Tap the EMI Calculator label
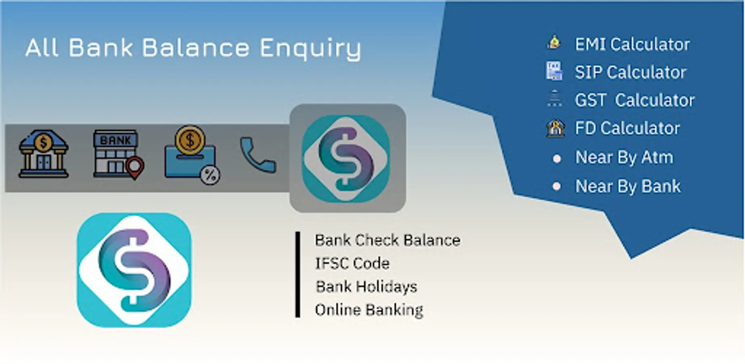point(632,44)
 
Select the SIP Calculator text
point(631,72)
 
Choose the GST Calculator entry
point(634,100)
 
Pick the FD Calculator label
point(627,128)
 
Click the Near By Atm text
point(624,157)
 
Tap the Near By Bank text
point(628,186)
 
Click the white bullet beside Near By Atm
point(557,159)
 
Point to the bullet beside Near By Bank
point(557,186)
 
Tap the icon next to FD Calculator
point(555,128)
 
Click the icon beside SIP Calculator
point(554,71)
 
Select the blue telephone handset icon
point(258,155)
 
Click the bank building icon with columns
point(44,154)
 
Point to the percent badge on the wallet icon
point(210,175)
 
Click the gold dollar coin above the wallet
point(190,140)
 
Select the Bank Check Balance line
point(387,240)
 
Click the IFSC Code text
point(352,264)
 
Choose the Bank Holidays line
point(366,287)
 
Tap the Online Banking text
point(369,310)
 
